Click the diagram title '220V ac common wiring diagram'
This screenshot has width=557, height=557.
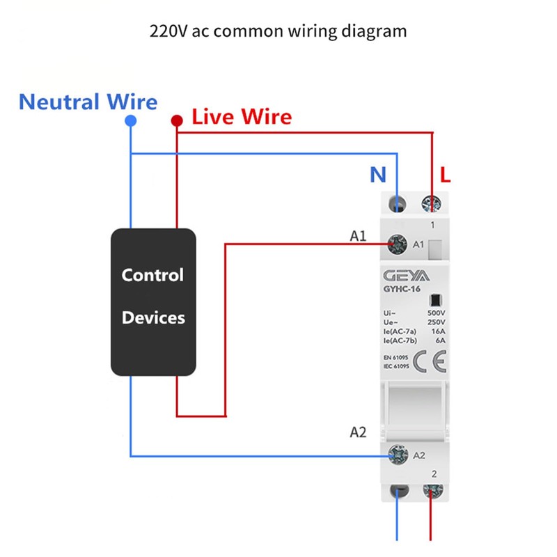pos(278,31)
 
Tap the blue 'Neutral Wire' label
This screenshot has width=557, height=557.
pos(88,102)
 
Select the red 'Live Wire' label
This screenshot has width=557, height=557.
pos(242,116)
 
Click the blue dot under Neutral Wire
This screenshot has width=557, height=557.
pos(130,121)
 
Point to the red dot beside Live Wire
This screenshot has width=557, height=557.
pos(177,121)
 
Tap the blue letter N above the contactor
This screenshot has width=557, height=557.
pos(377,175)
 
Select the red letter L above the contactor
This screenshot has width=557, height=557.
pos(446,175)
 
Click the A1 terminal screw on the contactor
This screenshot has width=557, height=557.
pos(398,244)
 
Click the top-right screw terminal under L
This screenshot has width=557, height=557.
pos(432,204)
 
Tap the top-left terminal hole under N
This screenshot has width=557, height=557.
pos(398,204)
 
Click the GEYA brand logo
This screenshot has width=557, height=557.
pos(405,276)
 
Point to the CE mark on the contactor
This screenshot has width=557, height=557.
pos(430,363)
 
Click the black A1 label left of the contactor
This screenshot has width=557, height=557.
pos(357,237)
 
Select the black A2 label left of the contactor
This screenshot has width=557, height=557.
pos(357,432)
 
